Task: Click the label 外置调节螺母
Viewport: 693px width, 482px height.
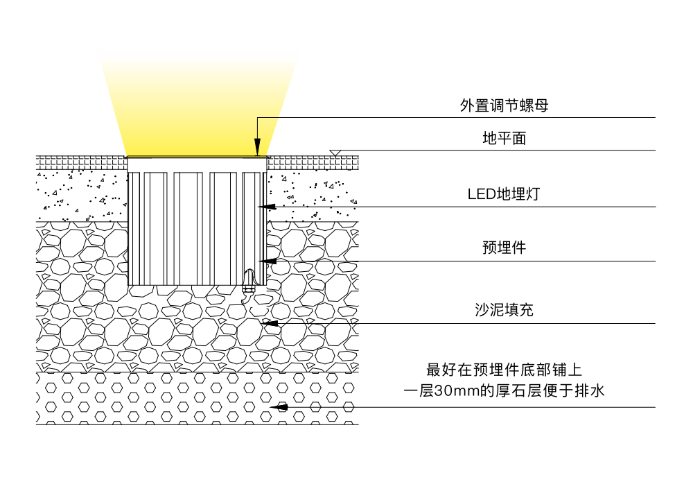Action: pos(504,106)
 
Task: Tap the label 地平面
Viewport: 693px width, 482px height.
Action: pos(504,139)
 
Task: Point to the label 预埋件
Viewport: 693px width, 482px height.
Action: pos(504,248)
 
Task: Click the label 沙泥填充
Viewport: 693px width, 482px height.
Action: pos(504,310)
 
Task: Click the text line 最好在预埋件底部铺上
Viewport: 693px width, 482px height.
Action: pos(504,369)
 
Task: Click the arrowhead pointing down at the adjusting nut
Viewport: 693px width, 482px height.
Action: pos(257,148)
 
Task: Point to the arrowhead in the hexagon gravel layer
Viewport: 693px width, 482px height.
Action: pos(281,407)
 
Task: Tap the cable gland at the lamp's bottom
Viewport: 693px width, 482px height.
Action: pos(248,281)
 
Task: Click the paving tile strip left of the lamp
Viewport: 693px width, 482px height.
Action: pos(80,162)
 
